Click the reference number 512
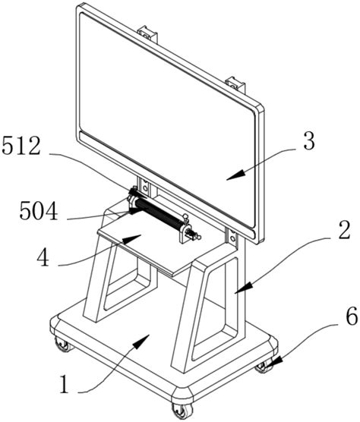pos(21,146)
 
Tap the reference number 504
pos(39,211)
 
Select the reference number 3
pos(309,141)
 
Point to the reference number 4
pos(43,257)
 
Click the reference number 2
pos(344,230)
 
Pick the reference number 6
pos(352,316)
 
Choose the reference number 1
pos(64,385)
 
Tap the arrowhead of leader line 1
pos(141,342)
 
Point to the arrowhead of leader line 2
pos(244,287)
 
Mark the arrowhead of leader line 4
pos(132,238)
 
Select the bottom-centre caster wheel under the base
pos(182,411)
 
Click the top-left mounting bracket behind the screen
pos(147,33)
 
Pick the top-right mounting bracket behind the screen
pos(236,84)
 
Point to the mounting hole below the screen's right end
pos(232,238)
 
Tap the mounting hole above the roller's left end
pos(145,187)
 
